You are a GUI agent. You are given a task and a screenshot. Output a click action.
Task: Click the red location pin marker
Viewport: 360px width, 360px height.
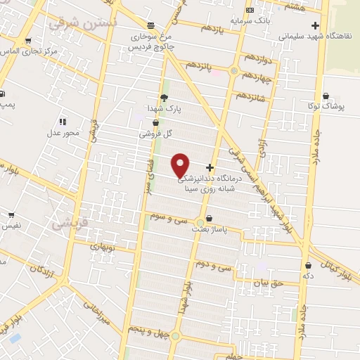tap(181, 165)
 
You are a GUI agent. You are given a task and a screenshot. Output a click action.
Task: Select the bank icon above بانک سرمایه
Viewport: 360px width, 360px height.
tap(250, 10)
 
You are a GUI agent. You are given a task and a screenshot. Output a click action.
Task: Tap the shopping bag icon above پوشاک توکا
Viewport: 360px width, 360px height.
tap(325, 96)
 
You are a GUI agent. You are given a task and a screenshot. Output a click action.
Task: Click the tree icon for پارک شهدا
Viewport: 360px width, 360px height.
tap(164, 98)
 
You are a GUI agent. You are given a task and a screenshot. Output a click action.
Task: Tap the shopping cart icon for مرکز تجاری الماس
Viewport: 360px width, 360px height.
tap(27, 41)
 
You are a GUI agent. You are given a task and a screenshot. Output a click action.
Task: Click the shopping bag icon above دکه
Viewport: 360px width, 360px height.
tap(309, 265)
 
